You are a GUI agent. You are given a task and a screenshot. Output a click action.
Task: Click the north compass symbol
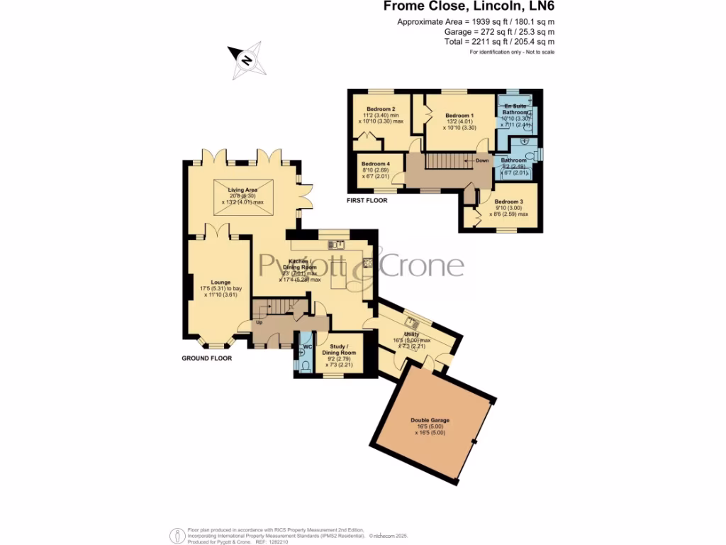(x=247, y=60)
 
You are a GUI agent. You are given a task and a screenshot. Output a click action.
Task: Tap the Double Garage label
(x=430, y=420)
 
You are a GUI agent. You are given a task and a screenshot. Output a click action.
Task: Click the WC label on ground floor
(x=307, y=347)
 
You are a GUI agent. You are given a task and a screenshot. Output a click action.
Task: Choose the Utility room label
(x=411, y=334)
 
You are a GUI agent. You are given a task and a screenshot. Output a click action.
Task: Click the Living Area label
(x=242, y=190)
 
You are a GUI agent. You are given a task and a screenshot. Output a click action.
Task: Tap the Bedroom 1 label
(x=459, y=116)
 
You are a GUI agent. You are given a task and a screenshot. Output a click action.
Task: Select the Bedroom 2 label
(x=381, y=109)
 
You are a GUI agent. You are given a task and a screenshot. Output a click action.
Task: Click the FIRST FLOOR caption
(x=367, y=201)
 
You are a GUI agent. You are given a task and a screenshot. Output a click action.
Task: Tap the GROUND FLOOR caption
(x=206, y=358)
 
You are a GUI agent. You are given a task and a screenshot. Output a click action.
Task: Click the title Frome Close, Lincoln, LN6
(x=469, y=7)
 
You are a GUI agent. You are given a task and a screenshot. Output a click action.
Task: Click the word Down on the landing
(x=481, y=160)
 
